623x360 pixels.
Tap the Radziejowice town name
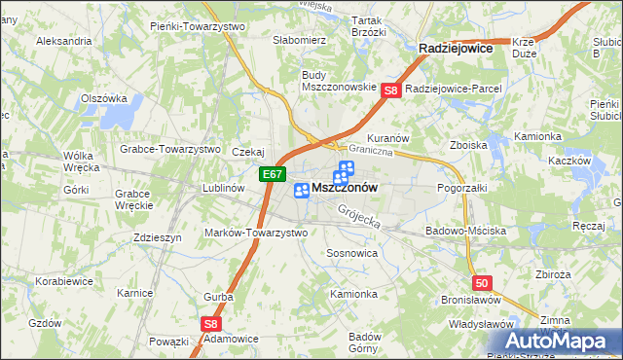point(455,47)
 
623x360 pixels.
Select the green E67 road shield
point(273,175)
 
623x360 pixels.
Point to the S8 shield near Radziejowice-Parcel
point(390,90)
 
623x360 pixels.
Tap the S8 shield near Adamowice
point(212,324)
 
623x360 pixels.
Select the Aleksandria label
point(63,42)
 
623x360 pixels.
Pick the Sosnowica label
point(351,252)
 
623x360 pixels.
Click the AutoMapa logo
point(563,342)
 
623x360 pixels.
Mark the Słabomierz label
point(299,40)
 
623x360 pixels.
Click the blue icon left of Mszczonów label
point(302,191)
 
